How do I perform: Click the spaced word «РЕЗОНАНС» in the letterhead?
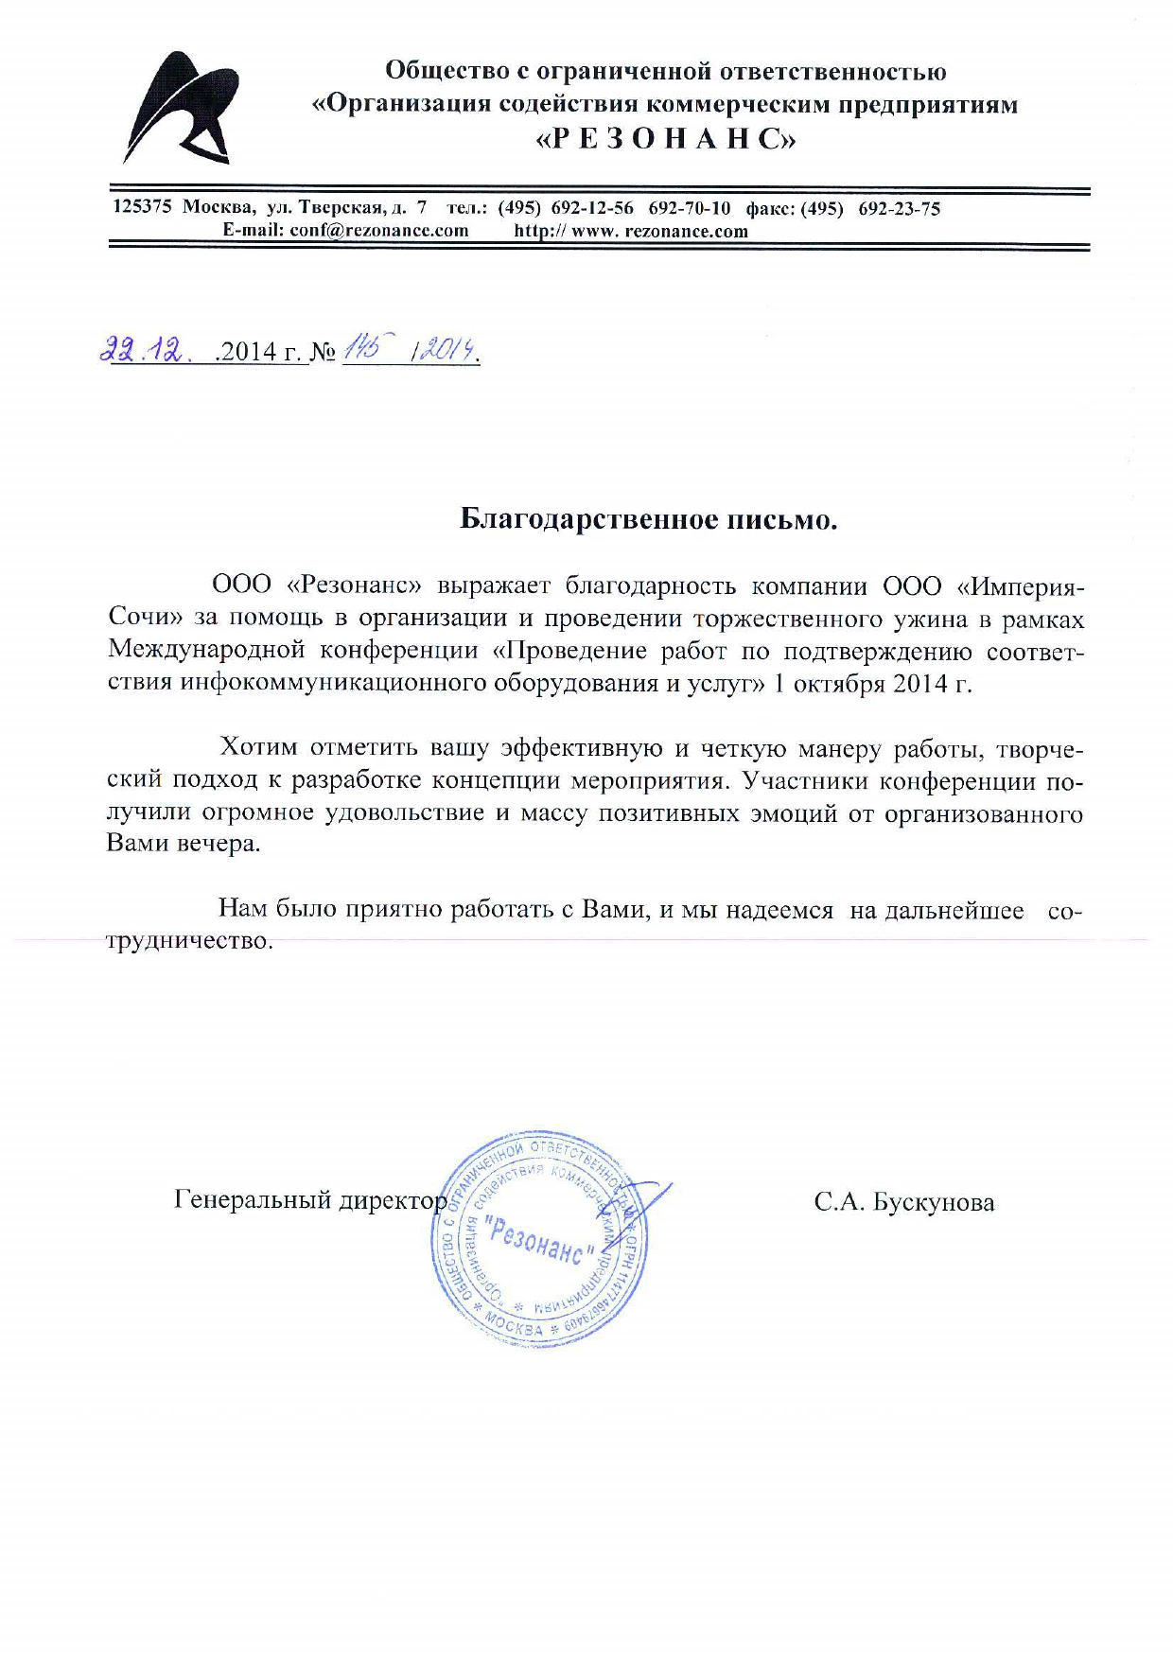(x=666, y=140)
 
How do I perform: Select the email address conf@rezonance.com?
(x=379, y=231)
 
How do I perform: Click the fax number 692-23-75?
(x=899, y=209)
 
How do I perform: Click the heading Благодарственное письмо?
(x=649, y=519)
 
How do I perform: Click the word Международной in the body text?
(x=206, y=651)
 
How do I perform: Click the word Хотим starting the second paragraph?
(x=257, y=748)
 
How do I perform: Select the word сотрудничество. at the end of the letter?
(x=189, y=941)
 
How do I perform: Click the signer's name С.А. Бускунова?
(x=903, y=1203)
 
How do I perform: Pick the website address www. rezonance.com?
(x=659, y=231)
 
